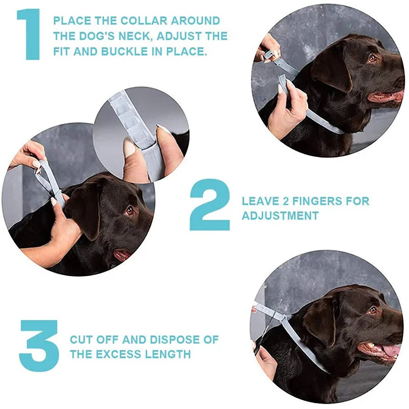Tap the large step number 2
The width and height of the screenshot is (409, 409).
(x=210, y=204)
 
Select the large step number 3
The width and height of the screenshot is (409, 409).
(x=39, y=345)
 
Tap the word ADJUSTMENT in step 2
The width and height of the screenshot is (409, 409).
(x=280, y=216)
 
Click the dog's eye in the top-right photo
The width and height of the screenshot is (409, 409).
(x=372, y=58)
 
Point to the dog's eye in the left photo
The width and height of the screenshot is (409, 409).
(x=130, y=210)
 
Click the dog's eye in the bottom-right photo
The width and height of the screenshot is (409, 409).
(x=373, y=310)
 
